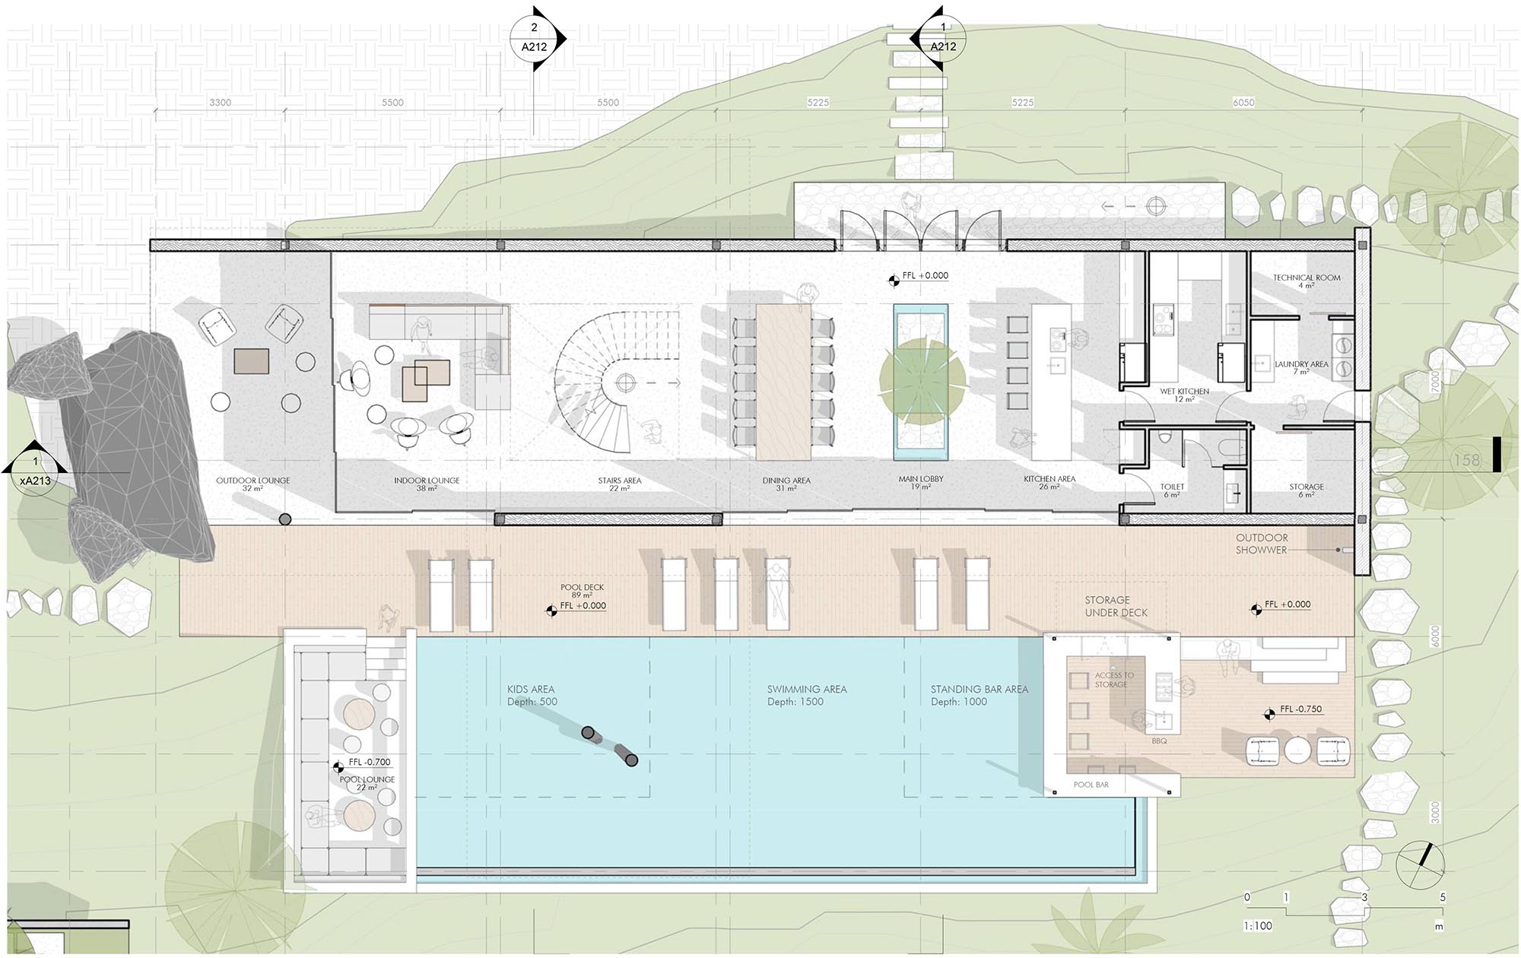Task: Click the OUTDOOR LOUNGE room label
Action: click(x=253, y=481)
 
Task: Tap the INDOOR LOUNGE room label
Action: click(x=427, y=481)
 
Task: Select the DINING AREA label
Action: click(x=786, y=481)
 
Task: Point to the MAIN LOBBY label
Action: click(x=920, y=480)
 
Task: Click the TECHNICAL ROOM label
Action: click(x=1307, y=278)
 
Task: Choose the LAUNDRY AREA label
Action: click(x=1301, y=364)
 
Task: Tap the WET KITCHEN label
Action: click(x=1184, y=392)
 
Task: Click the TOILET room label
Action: click(x=1172, y=487)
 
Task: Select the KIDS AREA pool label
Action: click(x=531, y=690)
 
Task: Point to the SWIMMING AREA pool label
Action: click(x=806, y=690)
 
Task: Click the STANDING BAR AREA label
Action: click(x=979, y=690)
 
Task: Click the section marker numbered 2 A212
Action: click(x=535, y=37)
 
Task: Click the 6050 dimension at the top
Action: click(x=1243, y=103)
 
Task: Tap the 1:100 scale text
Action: click(x=1258, y=926)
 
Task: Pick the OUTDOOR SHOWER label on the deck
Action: click(x=1261, y=544)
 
